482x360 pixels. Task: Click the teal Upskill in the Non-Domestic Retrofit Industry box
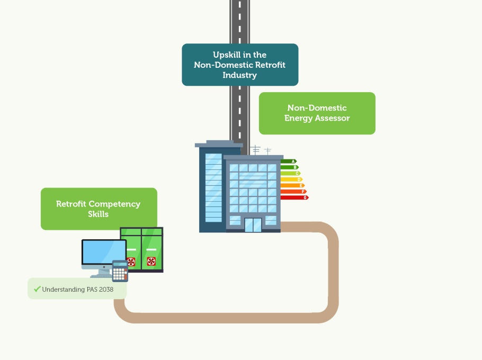coord(240,65)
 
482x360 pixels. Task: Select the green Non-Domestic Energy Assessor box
coord(317,113)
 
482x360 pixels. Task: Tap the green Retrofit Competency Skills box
coord(99,209)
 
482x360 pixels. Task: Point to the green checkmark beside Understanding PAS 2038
coord(37,289)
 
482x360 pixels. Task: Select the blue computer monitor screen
coord(104,253)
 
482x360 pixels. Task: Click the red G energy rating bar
coord(294,197)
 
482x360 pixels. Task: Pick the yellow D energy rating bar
coord(291,179)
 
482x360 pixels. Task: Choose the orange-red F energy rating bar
coord(293,192)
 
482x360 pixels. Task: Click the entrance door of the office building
coord(253,225)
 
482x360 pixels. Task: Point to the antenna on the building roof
coord(256,150)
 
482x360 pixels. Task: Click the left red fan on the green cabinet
coord(131,262)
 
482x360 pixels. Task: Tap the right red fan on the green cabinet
coord(151,262)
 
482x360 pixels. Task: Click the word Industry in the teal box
coord(239,75)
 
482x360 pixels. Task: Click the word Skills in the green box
coord(98,214)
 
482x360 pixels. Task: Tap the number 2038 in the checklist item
coord(106,290)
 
